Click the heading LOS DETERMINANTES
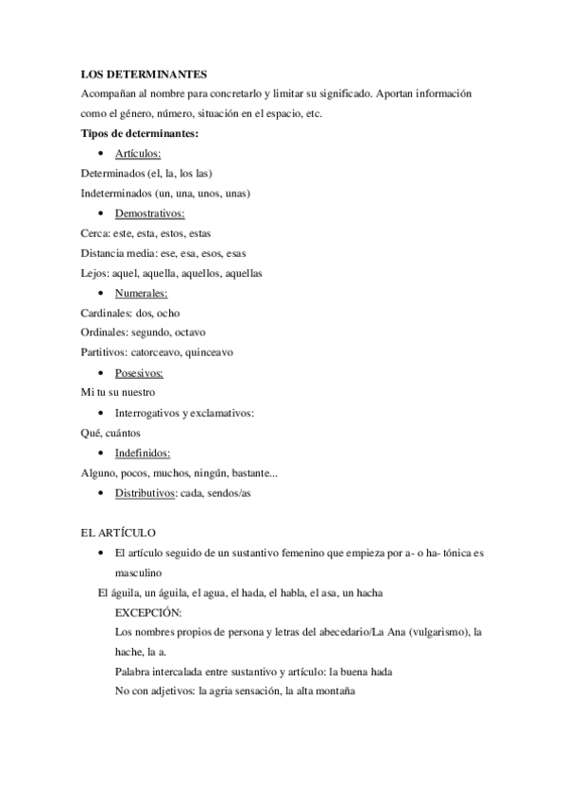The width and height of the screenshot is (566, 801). point(144,74)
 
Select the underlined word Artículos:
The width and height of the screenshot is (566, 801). point(138,153)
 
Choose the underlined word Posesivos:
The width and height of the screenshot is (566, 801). point(139,373)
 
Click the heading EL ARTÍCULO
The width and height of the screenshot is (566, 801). point(118,534)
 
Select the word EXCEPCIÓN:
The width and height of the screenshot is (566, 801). point(147,612)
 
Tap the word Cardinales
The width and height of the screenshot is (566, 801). point(105,314)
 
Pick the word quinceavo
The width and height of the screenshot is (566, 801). point(204,353)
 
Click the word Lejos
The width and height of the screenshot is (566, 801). point(94,274)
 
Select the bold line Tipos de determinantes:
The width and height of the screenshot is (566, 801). point(139,133)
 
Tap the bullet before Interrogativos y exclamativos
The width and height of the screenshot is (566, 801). point(101,414)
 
